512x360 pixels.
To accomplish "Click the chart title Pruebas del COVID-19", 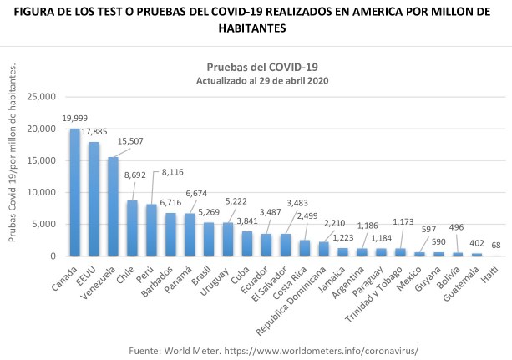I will point(262,66).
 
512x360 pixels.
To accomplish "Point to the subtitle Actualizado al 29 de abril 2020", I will point(262,80).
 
